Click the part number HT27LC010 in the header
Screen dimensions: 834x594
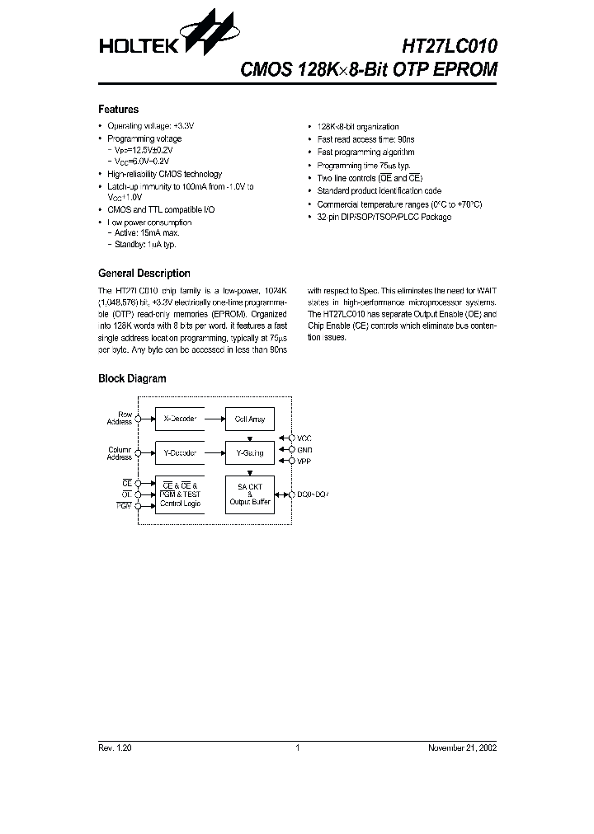pyautogui.click(x=450, y=46)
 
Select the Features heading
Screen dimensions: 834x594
pyautogui.click(x=118, y=110)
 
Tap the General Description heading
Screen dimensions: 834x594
pyautogui.click(x=144, y=274)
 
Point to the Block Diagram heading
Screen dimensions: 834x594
pyautogui.click(x=132, y=379)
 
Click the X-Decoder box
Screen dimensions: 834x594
pyautogui.click(x=179, y=419)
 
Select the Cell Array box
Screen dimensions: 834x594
pyautogui.click(x=250, y=419)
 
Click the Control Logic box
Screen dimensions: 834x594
pyautogui.click(x=179, y=494)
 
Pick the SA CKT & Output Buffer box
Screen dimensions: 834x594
pyautogui.click(x=250, y=494)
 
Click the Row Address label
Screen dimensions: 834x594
pyautogui.click(x=120, y=419)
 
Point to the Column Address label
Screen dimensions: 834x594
pyautogui.click(x=120, y=453)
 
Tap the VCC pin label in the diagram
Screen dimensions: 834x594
pyautogui.click(x=304, y=438)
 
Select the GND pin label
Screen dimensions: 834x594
pyautogui.click(x=304, y=450)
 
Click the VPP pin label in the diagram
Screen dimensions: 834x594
pyautogui.click(x=304, y=462)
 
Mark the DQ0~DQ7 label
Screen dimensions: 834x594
pyautogui.click(x=313, y=494)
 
